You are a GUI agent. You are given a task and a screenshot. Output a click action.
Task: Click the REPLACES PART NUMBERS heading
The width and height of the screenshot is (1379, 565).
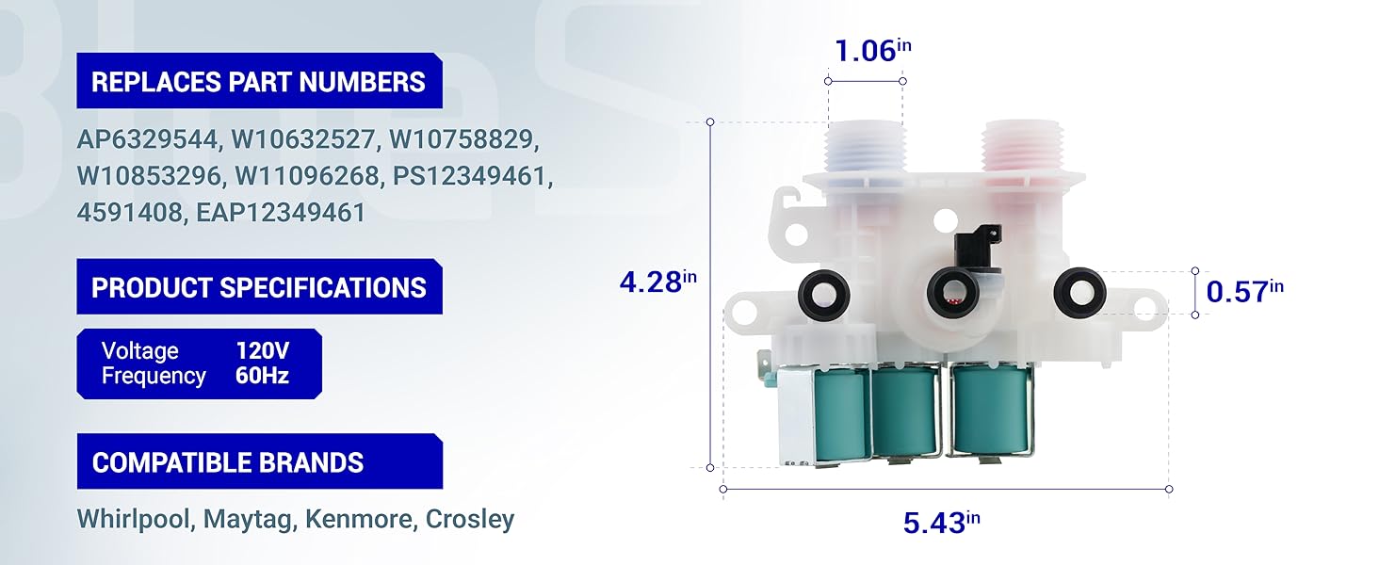coord(258,82)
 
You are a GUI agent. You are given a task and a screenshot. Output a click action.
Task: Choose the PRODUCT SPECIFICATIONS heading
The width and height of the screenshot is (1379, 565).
coord(258,287)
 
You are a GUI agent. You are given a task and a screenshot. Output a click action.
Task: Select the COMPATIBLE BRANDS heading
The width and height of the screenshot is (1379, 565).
coord(228,462)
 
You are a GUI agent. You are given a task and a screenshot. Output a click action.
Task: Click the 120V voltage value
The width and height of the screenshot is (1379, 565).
coord(262,351)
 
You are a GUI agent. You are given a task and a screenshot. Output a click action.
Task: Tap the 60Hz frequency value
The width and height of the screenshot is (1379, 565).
coord(262,376)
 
